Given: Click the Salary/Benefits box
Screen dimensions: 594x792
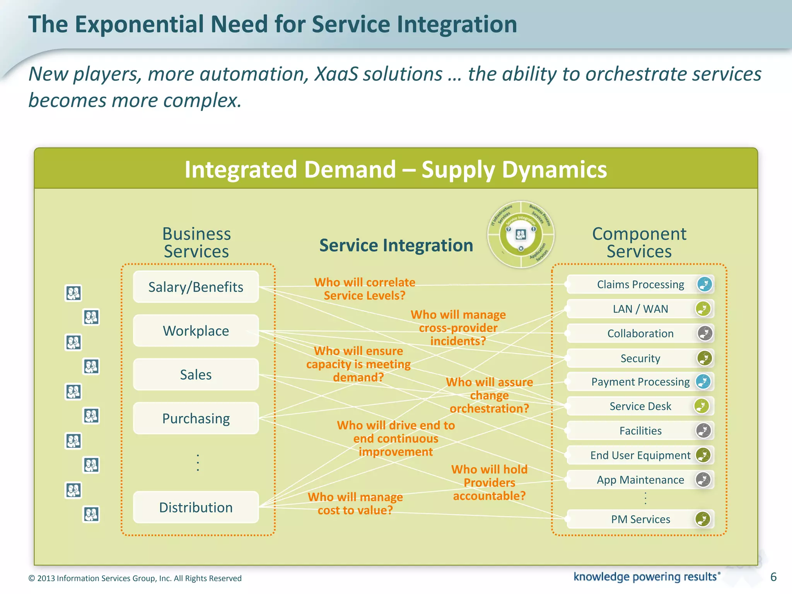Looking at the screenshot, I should [x=196, y=287].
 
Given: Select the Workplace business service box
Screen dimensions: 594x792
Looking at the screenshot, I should [x=196, y=331].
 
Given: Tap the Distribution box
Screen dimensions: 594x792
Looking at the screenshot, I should [x=196, y=507].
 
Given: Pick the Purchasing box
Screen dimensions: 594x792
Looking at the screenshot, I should [x=196, y=418].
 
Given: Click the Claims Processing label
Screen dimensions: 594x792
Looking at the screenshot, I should [x=640, y=285].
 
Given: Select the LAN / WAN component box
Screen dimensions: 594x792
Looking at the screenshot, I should [x=640, y=309].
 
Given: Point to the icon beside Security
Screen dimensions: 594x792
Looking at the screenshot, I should [x=705, y=358].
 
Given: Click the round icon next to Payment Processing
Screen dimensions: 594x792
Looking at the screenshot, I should [x=703, y=382].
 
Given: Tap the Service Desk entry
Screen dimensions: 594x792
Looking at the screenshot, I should [x=640, y=406].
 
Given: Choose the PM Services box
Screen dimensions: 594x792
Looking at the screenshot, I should [x=640, y=519].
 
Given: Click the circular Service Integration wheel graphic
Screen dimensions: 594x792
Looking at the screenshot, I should [x=521, y=235].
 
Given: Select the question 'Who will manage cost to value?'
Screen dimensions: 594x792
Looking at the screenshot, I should [x=355, y=504].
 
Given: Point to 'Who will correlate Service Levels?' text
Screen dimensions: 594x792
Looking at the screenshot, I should [x=364, y=289].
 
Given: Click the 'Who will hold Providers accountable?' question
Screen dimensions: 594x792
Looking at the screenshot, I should [x=489, y=483].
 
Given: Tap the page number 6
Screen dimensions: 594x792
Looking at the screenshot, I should [x=773, y=577].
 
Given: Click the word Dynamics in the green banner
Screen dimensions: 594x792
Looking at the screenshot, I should [x=554, y=170].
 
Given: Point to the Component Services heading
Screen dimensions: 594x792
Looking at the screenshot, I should [x=639, y=242].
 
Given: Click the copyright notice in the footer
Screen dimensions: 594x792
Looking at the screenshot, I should [x=135, y=578].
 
